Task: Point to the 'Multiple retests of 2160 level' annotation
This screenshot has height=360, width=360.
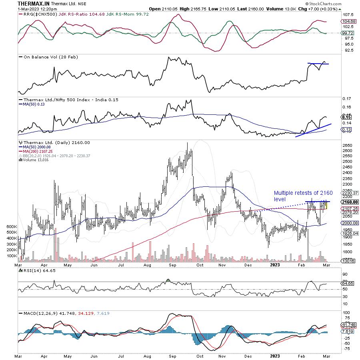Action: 303,196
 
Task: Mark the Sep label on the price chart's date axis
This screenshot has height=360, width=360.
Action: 173,265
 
